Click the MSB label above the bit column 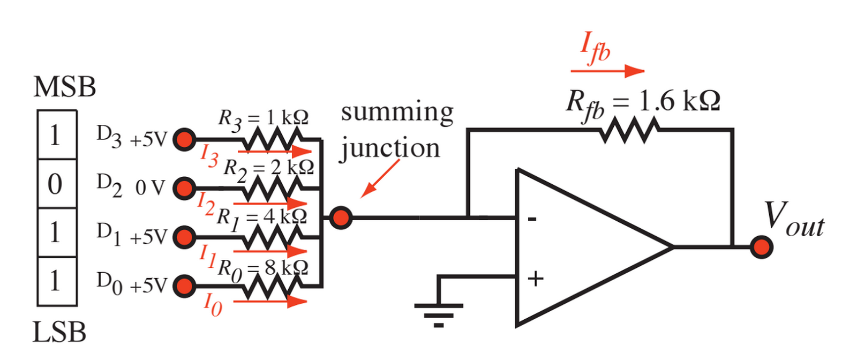pos(64,87)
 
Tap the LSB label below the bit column pos(59,332)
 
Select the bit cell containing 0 pos(56,184)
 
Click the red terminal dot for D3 pos(184,139)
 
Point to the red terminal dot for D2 pos(184,188)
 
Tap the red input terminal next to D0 pos(184,286)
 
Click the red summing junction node pos(341,218)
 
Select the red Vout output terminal pos(761,247)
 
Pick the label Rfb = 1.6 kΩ pos(643,102)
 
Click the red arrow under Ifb pos(607,70)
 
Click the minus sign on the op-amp pos(532,219)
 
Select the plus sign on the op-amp pos(535,279)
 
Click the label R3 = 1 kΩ pos(263,118)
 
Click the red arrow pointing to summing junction pos(380,178)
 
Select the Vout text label pos(793,220)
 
